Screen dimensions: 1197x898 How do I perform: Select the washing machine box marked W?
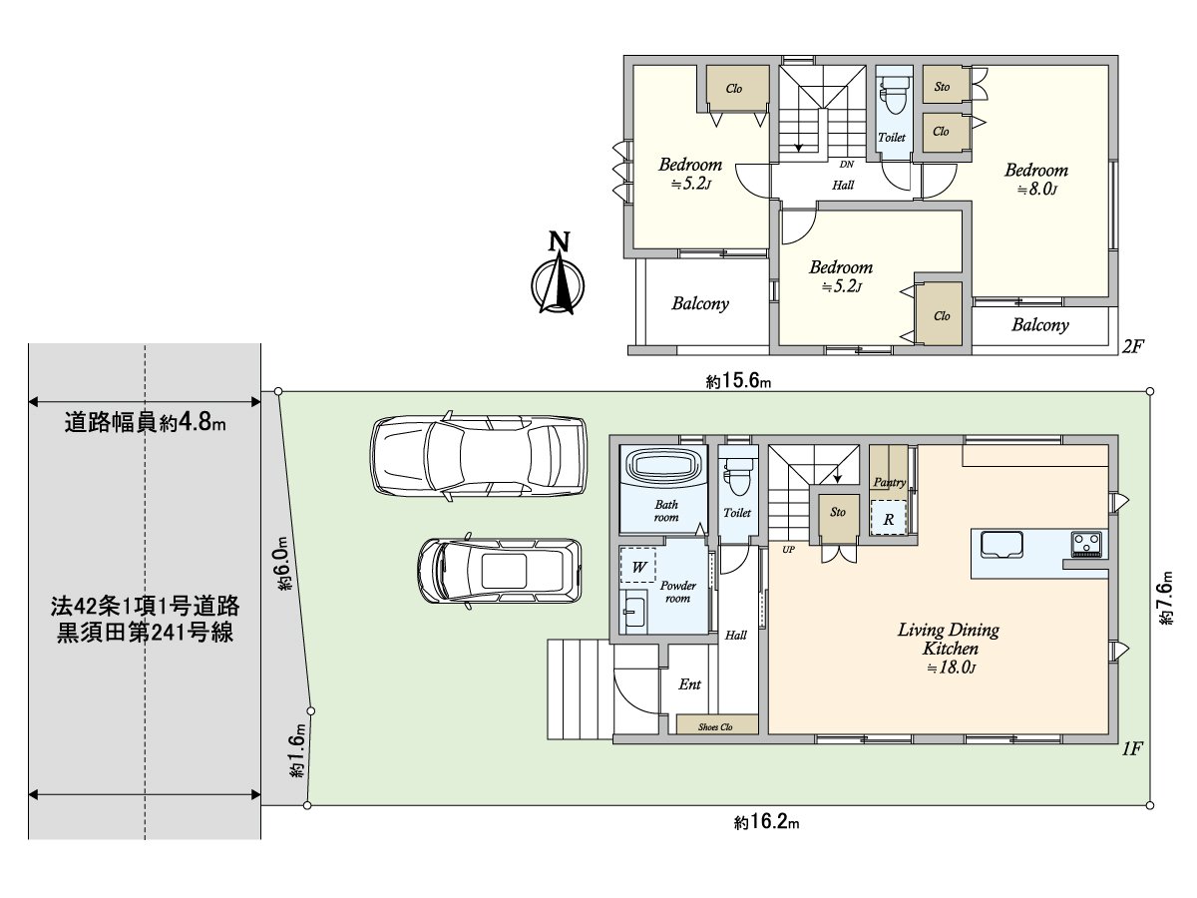tap(638, 566)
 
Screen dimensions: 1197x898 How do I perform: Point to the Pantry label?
tap(890, 482)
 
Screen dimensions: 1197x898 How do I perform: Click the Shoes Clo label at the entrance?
tap(715, 726)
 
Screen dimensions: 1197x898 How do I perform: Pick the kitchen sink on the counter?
tap(1001, 545)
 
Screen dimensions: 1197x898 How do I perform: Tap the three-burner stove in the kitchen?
tap(1087, 544)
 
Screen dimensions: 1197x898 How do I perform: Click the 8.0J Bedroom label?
tap(1036, 179)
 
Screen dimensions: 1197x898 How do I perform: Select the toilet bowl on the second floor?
tap(895, 94)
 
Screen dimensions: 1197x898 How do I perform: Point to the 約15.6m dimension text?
tap(738, 380)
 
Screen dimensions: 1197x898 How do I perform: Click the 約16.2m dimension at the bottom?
tap(767, 821)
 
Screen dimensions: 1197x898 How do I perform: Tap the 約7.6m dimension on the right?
tap(1165, 597)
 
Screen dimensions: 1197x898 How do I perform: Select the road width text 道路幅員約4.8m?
tap(145, 422)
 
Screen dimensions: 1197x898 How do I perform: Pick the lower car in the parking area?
tap(500, 571)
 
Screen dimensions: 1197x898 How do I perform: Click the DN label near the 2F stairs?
tap(846, 164)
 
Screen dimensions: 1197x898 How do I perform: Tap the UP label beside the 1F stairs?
tap(789, 550)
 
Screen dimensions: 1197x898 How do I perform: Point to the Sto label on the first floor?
tap(838, 512)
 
